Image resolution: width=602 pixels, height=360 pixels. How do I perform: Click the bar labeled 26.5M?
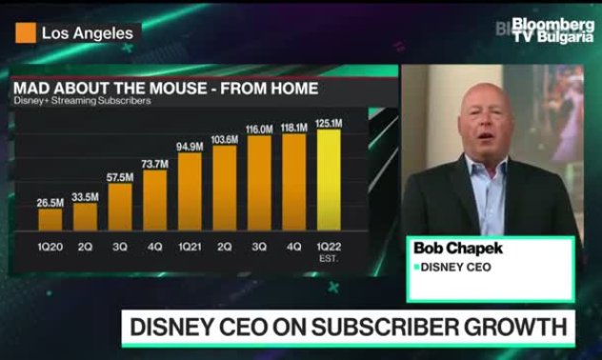click(50, 219)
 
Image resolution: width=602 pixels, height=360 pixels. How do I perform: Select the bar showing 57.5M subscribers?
click(120, 207)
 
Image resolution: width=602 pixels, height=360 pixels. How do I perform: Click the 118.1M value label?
click(293, 125)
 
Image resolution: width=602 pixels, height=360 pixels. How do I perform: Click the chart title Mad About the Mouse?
click(165, 90)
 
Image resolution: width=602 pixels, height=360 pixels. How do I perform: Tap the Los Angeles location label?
click(87, 32)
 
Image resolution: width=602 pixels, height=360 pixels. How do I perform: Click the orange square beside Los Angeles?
click(26, 32)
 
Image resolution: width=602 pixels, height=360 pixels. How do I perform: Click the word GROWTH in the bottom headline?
click(516, 329)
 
